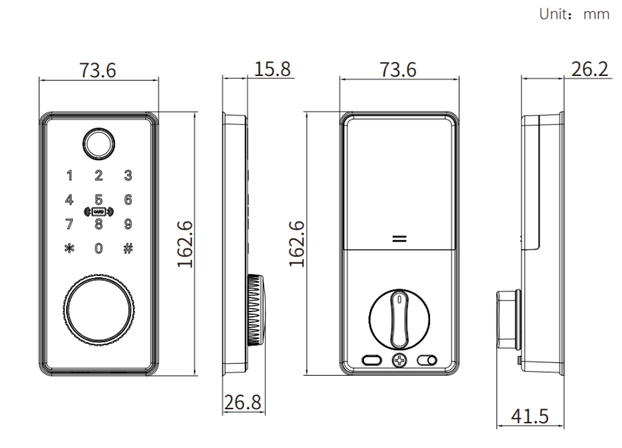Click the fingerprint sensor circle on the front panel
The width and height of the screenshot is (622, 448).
pyautogui.click(x=98, y=144)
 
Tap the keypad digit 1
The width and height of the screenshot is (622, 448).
pyautogui.click(x=69, y=177)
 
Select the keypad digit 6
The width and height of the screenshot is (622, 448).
pyautogui.click(x=128, y=199)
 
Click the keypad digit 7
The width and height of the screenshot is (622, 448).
pyautogui.click(x=69, y=223)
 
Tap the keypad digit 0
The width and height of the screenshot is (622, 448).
pyautogui.click(x=98, y=248)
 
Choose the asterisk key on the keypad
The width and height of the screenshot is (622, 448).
pyautogui.click(x=69, y=248)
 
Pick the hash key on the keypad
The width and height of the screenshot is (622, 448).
pyautogui.click(x=128, y=248)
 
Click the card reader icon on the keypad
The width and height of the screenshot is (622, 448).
pyautogui.click(x=98, y=212)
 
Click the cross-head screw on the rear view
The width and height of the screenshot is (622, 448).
pyautogui.click(x=399, y=360)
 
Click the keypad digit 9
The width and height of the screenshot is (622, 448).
pyautogui.click(x=128, y=223)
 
